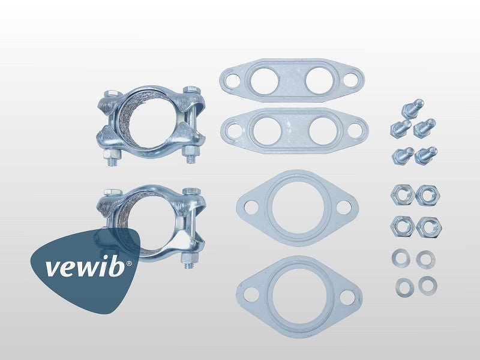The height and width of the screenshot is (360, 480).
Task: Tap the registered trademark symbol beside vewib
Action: (129, 263)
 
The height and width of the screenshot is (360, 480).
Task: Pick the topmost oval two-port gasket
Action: (292, 80)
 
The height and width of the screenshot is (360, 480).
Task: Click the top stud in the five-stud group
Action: (412, 109)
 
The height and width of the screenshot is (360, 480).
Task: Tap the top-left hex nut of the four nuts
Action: (403, 194)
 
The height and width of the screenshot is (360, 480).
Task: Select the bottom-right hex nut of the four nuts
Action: (429, 227)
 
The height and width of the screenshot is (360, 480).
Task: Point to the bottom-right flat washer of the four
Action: (428, 286)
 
